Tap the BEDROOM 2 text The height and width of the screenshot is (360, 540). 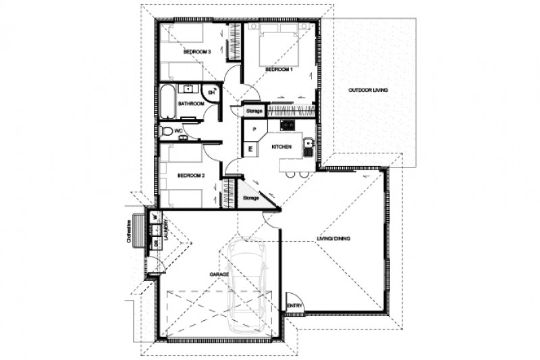190,176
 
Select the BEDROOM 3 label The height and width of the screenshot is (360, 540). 197,52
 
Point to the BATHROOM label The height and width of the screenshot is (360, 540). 191,103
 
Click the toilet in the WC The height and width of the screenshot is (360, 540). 167,131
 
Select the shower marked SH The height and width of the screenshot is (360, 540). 212,92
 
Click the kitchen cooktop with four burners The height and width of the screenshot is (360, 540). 287,124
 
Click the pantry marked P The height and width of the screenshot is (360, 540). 254,128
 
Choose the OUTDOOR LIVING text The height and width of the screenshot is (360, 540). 368,90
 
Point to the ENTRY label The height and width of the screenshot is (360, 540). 294,305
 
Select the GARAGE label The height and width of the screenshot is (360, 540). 219,275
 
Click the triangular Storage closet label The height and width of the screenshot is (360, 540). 250,197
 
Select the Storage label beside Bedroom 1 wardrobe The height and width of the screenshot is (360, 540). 254,110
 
